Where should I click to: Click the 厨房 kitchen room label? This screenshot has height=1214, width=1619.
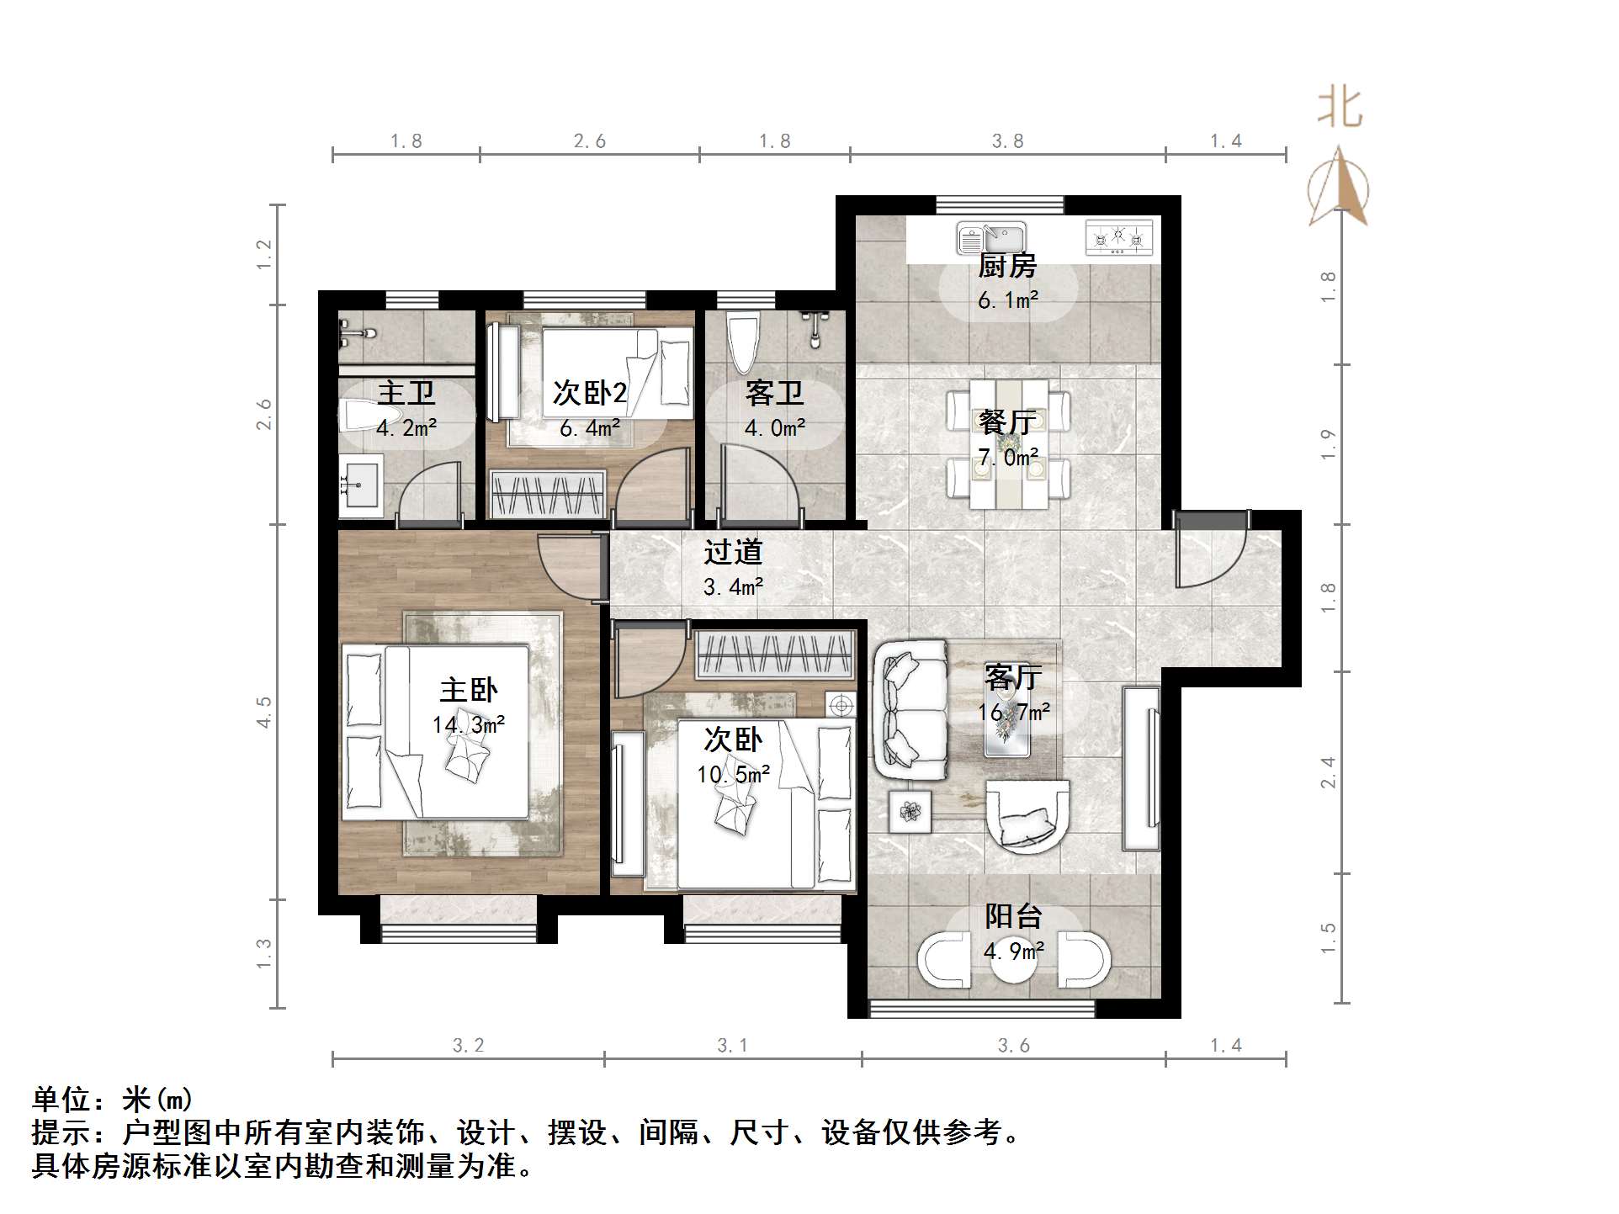pos(1006,267)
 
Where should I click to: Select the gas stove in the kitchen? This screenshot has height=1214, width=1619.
pos(1118,238)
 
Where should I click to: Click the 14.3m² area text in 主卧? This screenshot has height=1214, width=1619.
pos(469,725)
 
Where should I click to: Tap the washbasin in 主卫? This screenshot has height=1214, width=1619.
pos(360,485)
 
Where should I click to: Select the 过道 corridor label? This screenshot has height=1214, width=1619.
pos(733,553)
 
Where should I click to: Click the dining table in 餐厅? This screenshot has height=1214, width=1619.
pos(1009,443)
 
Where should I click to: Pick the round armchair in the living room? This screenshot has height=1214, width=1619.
pos(1027,816)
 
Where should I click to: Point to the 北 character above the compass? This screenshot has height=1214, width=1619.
pos(1339,109)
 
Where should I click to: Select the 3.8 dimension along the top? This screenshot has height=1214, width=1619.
pos(1007,141)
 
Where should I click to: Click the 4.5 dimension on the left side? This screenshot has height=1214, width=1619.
pos(264,712)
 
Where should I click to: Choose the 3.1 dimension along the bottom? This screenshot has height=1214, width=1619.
pos(732,1046)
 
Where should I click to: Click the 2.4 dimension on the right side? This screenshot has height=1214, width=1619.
pos(1329,772)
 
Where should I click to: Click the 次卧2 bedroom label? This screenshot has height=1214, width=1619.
pos(589,394)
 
